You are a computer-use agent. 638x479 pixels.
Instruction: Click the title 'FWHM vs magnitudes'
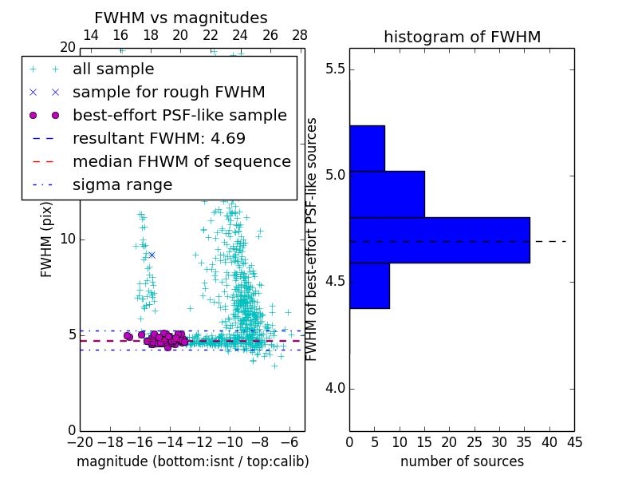(x=181, y=18)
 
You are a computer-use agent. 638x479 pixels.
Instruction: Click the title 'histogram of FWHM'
(x=462, y=38)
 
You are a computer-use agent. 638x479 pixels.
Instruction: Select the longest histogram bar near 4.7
(x=439, y=239)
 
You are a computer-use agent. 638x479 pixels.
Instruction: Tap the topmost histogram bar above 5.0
(x=367, y=148)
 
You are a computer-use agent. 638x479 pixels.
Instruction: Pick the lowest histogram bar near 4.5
(x=369, y=285)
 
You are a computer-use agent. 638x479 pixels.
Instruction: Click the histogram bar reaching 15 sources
(x=387, y=194)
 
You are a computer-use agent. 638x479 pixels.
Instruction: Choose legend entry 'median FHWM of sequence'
(x=181, y=161)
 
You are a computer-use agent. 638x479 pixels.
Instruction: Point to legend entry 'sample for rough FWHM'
(x=168, y=92)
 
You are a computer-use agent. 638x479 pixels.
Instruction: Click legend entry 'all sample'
(x=113, y=69)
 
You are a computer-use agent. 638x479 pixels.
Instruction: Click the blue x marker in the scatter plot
(x=152, y=255)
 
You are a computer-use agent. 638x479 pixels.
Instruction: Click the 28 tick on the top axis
(x=300, y=35)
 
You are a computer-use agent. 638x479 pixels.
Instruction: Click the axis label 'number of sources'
(x=462, y=461)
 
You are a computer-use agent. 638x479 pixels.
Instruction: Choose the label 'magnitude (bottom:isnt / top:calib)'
(x=193, y=461)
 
